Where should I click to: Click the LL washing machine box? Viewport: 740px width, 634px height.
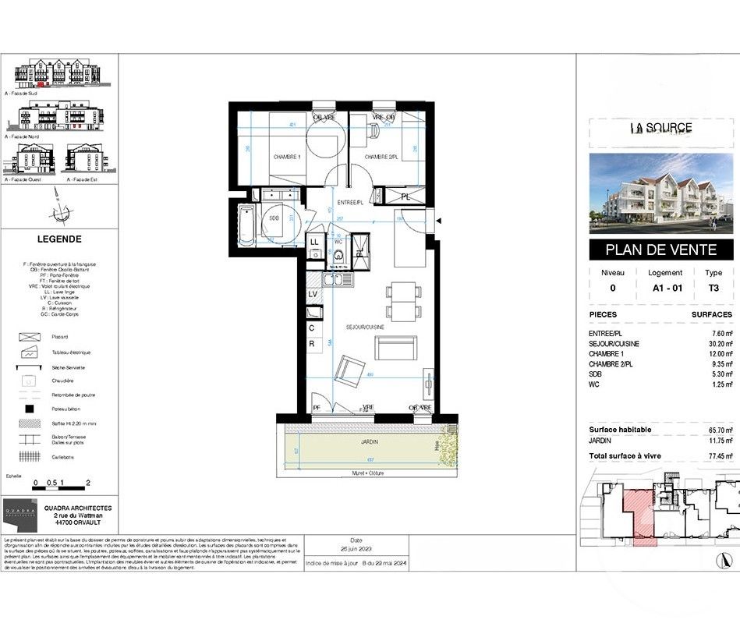[314, 243]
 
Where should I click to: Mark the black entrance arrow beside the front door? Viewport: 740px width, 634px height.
[439, 221]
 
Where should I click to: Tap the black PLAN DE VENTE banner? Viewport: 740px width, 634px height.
[661, 250]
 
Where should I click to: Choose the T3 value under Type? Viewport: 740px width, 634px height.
[713, 287]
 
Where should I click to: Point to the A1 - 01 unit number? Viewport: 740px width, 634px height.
[665, 287]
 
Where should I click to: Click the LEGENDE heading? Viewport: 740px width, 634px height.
[59, 239]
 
